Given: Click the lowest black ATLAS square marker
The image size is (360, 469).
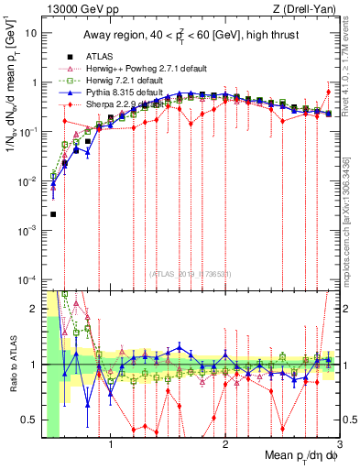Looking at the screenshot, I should pos(53,214).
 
